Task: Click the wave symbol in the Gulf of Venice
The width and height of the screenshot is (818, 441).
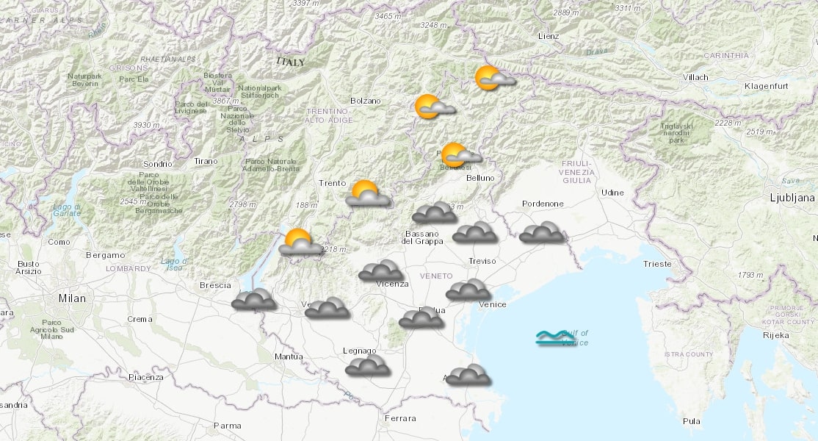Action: (x=555, y=338)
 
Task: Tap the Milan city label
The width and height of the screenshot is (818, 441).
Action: (x=72, y=298)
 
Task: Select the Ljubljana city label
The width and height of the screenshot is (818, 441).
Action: (x=792, y=198)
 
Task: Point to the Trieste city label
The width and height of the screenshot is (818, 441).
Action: (x=656, y=264)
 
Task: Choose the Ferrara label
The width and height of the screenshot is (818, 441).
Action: (x=399, y=419)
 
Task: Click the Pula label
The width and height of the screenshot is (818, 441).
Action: (x=691, y=421)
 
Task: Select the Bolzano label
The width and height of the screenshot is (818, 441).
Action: (x=365, y=101)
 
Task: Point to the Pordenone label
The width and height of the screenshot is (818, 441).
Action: (x=543, y=204)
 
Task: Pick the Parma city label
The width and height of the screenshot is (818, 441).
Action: (x=227, y=425)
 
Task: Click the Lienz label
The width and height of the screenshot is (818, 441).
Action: (x=548, y=36)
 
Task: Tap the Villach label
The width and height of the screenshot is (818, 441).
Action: (x=694, y=77)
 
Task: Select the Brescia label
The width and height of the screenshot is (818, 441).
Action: (x=215, y=285)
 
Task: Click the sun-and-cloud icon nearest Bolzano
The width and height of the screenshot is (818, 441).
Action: (x=434, y=107)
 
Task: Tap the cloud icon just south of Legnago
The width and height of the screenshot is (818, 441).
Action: (x=367, y=365)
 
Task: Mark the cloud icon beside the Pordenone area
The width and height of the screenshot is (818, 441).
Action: (x=542, y=232)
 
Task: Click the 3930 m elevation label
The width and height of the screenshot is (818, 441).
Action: (x=146, y=125)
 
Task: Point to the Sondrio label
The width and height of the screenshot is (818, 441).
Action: (x=158, y=164)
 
